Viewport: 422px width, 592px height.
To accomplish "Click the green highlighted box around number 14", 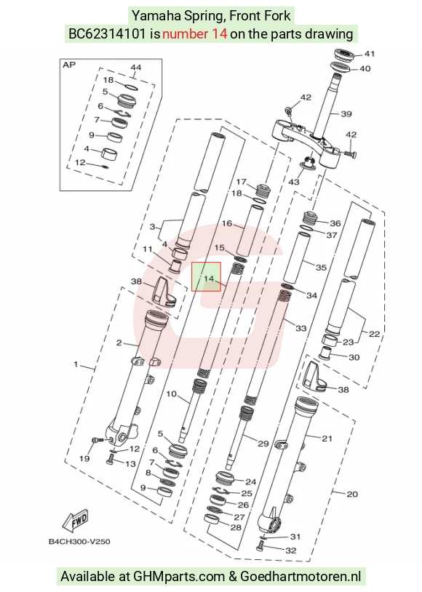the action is point(206,277).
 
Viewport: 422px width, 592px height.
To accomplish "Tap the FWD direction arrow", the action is point(76,521).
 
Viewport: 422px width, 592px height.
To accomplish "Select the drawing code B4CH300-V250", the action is point(79,541).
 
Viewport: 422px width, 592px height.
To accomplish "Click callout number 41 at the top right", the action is point(369,54).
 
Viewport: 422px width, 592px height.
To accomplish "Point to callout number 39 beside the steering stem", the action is point(346,113).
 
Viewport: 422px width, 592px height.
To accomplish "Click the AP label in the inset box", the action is point(69,65).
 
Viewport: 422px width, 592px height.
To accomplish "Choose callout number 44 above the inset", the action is point(135,67).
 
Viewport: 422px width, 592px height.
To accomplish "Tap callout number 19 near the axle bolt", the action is point(84,458).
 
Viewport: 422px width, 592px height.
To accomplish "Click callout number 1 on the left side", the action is point(76,364).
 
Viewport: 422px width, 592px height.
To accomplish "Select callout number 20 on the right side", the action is point(351,494).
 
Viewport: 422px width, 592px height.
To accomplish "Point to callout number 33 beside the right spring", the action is point(300,328).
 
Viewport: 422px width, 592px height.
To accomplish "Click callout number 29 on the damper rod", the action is point(263,443).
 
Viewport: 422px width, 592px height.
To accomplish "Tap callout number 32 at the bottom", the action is point(290,550).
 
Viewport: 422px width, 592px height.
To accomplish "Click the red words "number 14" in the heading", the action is point(195,34).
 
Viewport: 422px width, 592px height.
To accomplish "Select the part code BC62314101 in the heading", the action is point(107,34).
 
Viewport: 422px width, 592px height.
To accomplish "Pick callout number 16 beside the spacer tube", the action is point(227,223).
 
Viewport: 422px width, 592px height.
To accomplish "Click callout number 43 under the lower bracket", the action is point(293,182).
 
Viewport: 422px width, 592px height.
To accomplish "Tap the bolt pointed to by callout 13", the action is point(111,459).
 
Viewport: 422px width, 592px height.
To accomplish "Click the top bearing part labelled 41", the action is point(345,55).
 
